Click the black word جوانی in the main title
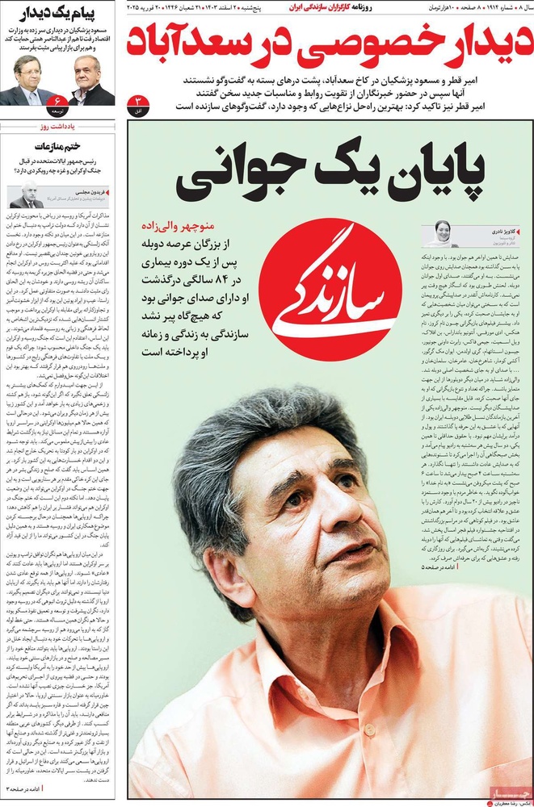pos(239,175)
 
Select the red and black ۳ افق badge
pos(137,102)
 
